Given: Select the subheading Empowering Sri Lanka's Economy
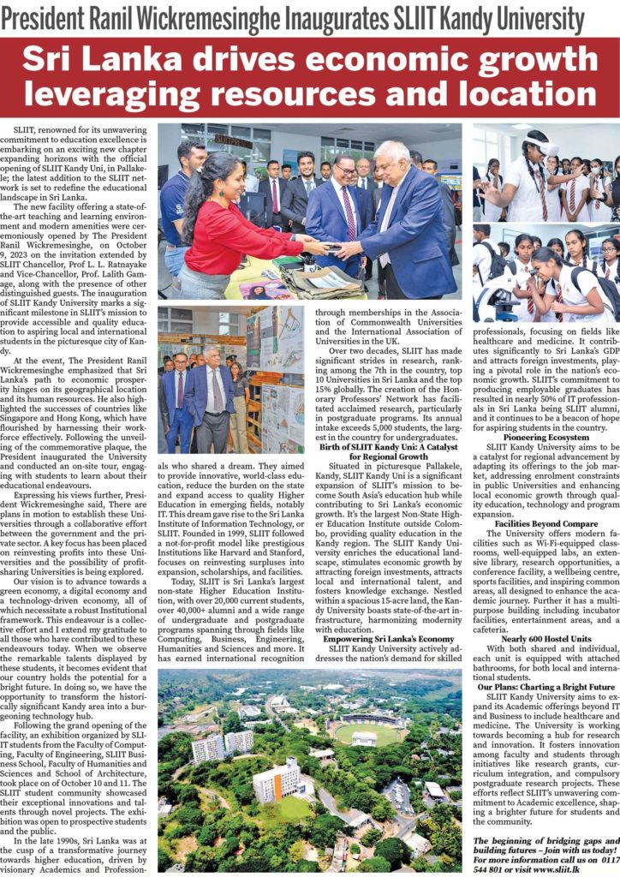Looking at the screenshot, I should point(389,639).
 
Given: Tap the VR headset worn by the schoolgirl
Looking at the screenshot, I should point(542,145).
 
